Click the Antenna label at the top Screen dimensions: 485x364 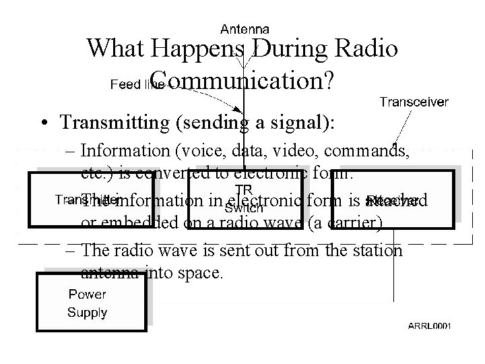point(245,29)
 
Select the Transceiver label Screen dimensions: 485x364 point(414,102)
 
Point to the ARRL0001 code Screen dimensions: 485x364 point(429,326)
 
